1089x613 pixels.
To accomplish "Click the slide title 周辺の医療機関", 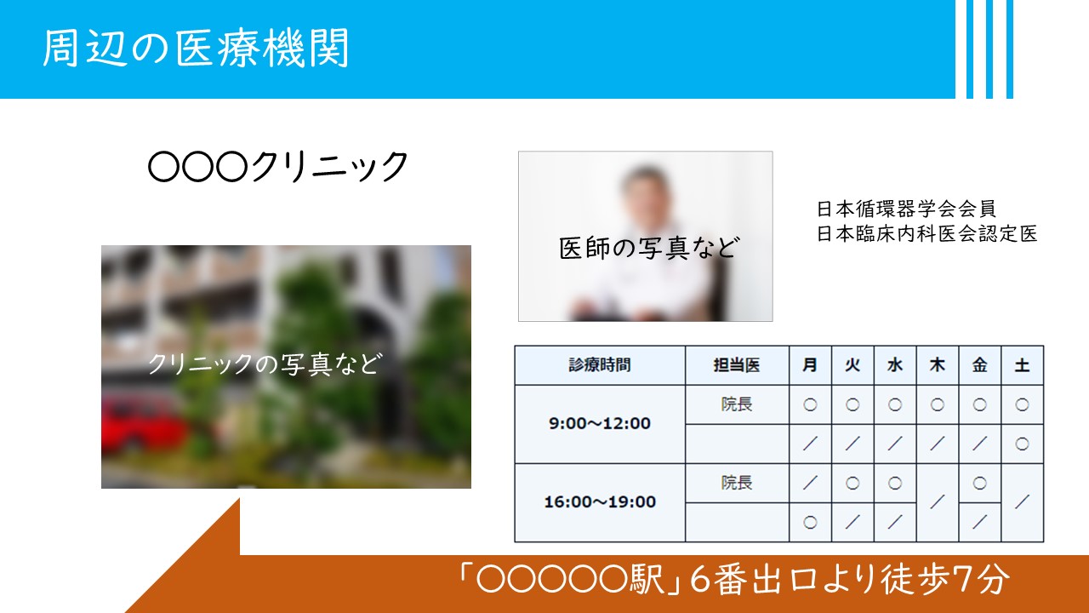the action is [x=196, y=48].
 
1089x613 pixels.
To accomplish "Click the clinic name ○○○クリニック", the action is [x=277, y=166].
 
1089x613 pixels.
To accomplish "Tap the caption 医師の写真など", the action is [x=649, y=248].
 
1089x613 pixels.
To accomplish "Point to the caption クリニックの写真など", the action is [x=265, y=364].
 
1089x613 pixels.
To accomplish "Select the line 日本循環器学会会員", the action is [x=906, y=209].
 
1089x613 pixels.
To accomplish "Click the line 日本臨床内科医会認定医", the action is [x=927, y=234].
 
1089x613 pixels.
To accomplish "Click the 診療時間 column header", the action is [x=600, y=365].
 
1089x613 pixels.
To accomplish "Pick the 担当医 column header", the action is [x=737, y=365].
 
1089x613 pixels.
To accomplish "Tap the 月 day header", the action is [x=810, y=365].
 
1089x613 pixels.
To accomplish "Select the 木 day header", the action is [x=937, y=365].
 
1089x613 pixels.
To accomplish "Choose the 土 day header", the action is [x=1022, y=365].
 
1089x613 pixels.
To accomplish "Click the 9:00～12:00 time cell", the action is [x=600, y=423].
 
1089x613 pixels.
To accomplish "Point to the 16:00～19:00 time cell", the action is [x=600, y=501].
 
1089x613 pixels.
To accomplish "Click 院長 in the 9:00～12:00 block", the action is [x=737, y=404].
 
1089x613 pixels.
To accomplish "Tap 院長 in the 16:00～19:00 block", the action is [x=737, y=483].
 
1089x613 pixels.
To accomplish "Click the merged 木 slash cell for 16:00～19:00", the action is [x=937, y=502].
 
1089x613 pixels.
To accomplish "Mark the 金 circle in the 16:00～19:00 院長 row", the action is [x=979, y=483].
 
